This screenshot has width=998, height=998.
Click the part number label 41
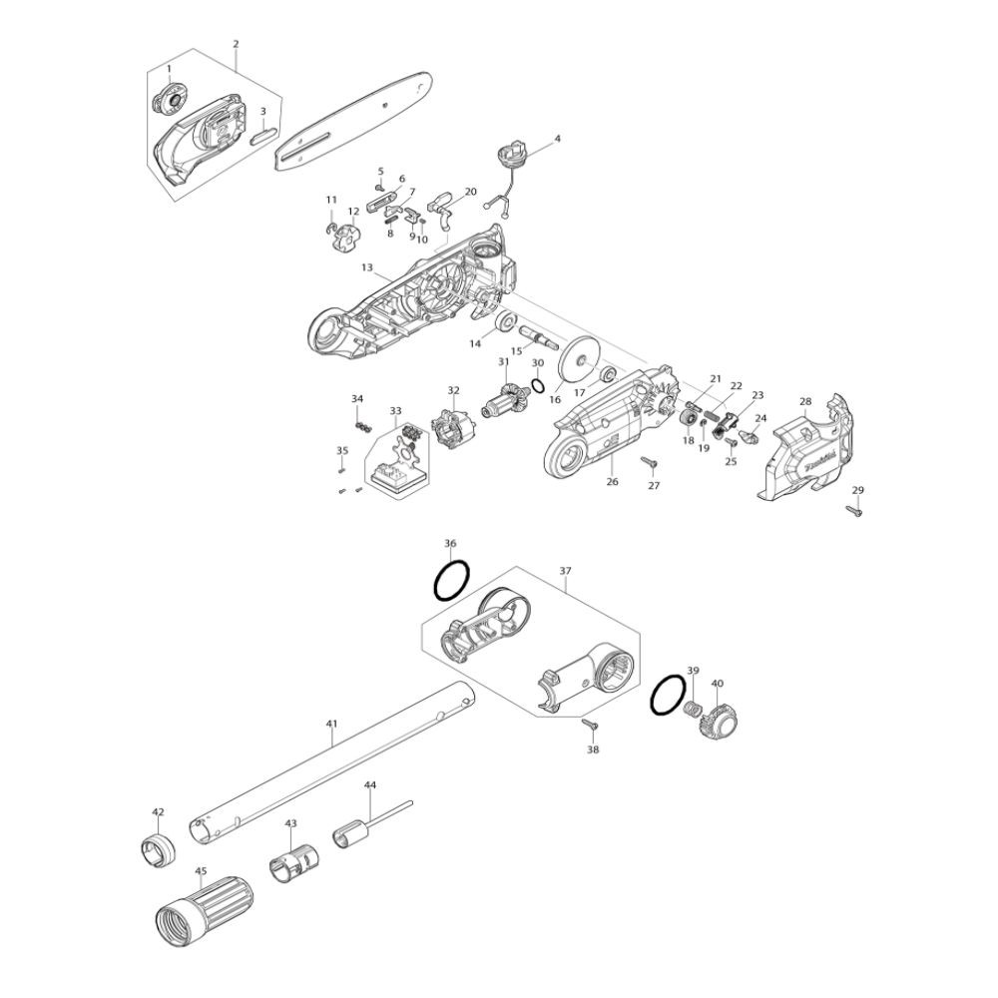coord(332,724)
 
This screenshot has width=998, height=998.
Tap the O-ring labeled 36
coord(451,581)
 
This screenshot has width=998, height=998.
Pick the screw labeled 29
coord(855,510)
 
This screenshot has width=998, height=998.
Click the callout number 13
coord(367,268)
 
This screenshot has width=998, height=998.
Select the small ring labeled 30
coord(537,385)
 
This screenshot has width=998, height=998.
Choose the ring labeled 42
coord(156,848)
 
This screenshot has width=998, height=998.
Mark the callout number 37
coord(565,571)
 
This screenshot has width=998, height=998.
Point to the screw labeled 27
coord(647,462)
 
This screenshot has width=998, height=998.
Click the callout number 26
coord(613,481)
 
